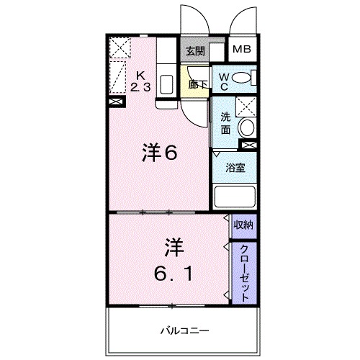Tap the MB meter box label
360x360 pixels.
click(x=240, y=50)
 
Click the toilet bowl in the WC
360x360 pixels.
click(x=243, y=77)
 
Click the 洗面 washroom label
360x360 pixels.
click(x=225, y=124)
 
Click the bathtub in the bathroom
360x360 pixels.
click(x=236, y=197)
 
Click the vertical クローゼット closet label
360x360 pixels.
click(x=244, y=272)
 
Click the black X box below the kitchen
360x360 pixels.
click(x=115, y=102)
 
